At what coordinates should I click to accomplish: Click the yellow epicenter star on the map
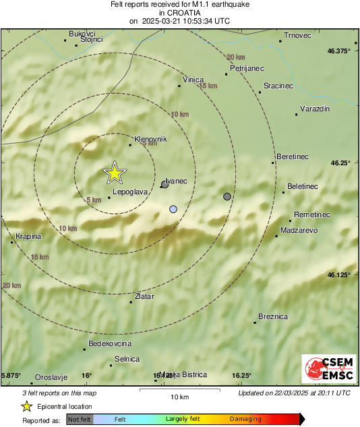point(115,173)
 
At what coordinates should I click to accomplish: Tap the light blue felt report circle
point(173,209)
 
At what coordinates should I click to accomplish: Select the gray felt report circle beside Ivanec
point(164,183)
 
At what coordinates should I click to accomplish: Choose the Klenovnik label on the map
point(150,138)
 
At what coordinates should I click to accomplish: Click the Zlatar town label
point(144,296)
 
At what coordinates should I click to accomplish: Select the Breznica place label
point(273,316)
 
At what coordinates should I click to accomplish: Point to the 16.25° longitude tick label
point(242,375)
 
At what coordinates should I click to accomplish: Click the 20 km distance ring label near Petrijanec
point(235,57)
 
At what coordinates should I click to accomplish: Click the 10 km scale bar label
point(179,396)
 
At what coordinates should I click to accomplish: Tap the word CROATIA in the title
point(179,12)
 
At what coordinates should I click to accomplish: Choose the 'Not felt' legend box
point(80,419)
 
